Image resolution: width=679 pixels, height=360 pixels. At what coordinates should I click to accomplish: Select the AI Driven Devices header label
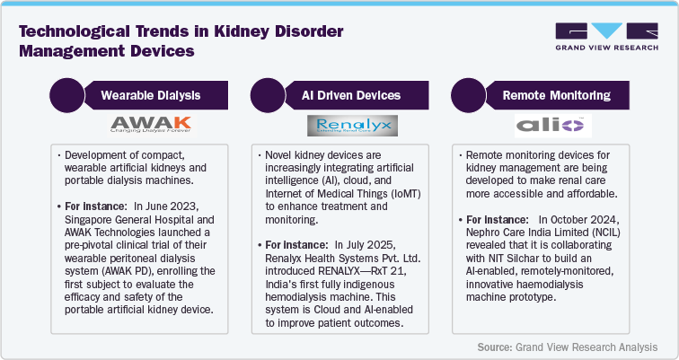(349, 94)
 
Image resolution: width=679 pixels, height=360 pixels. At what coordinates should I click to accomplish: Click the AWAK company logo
(148, 124)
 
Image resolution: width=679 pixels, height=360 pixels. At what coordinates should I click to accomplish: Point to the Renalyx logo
(348, 124)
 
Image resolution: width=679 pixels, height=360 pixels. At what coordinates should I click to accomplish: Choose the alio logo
(551, 124)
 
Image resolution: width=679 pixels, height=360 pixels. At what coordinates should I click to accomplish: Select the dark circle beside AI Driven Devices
(267, 94)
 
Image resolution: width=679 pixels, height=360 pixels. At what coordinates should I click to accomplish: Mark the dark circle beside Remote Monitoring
(468, 94)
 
